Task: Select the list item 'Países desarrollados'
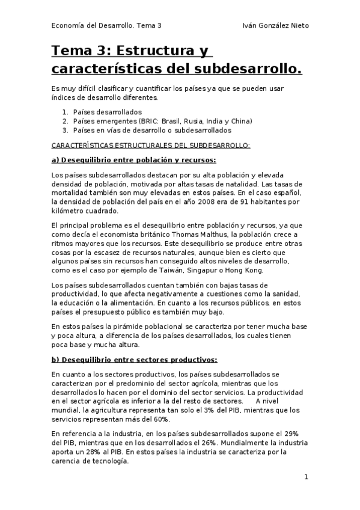(107, 112)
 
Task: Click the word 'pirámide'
(113, 327)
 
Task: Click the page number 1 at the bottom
(306, 477)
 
